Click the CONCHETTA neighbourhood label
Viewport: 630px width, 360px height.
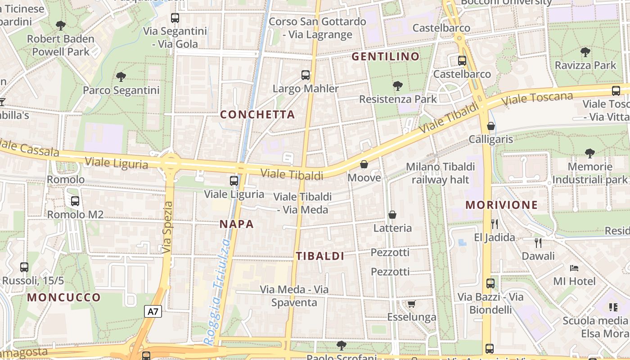(x=257, y=114)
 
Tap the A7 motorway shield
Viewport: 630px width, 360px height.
(x=153, y=311)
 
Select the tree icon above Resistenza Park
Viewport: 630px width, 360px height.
(x=397, y=85)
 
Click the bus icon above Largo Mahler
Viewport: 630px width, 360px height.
(x=306, y=75)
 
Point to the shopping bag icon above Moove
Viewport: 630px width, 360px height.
(x=364, y=164)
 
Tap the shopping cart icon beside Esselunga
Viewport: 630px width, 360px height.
(x=411, y=304)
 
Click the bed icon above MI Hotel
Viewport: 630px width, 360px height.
(x=574, y=268)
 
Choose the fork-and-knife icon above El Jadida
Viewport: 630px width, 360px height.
(x=495, y=224)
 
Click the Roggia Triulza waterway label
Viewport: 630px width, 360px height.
(x=217, y=292)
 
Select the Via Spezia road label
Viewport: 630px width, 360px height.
(x=167, y=227)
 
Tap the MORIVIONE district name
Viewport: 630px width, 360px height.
(x=501, y=205)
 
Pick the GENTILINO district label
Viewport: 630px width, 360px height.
(x=385, y=57)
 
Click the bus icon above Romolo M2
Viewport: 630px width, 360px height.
(x=75, y=201)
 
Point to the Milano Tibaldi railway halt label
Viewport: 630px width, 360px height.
(x=440, y=173)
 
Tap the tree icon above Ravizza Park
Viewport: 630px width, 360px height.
(x=585, y=52)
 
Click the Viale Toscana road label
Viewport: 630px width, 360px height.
(x=537, y=99)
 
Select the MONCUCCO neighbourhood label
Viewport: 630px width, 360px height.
(x=64, y=297)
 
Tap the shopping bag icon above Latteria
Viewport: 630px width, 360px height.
(x=392, y=215)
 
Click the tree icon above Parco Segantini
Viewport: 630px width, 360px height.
(x=121, y=77)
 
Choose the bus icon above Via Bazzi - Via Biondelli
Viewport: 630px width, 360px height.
(x=490, y=283)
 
